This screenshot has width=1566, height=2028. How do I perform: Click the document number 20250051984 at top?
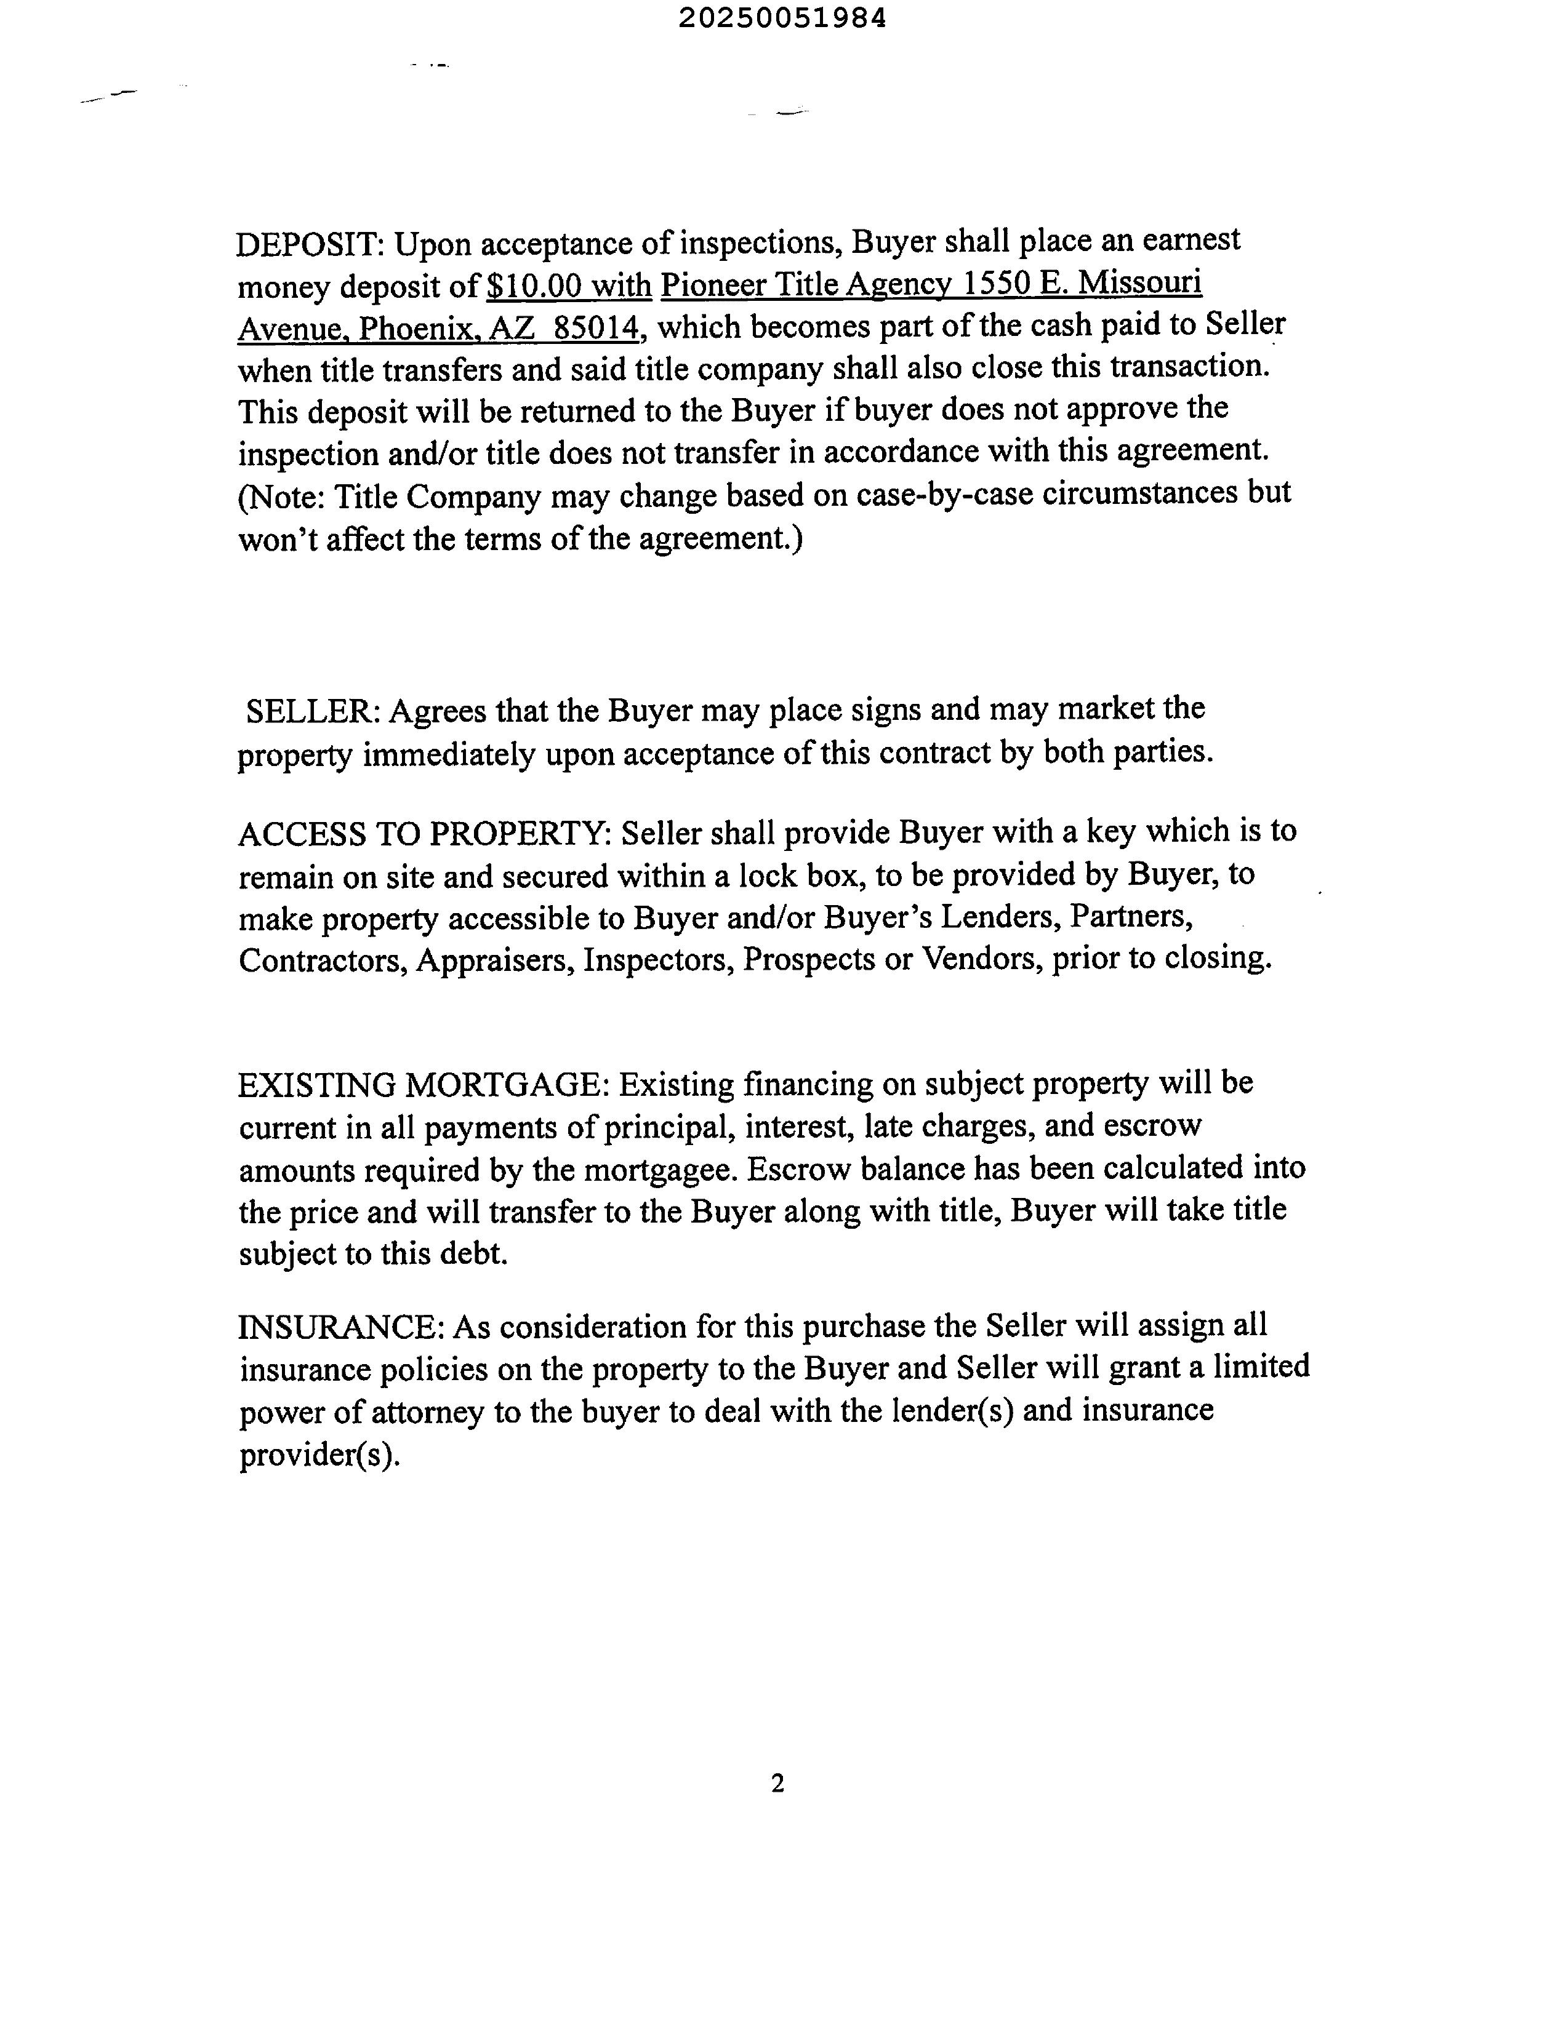[782, 18]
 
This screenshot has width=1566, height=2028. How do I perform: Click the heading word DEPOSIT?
[308, 245]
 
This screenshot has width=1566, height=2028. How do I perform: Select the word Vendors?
[978, 957]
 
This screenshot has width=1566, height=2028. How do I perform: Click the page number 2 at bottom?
[777, 1783]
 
